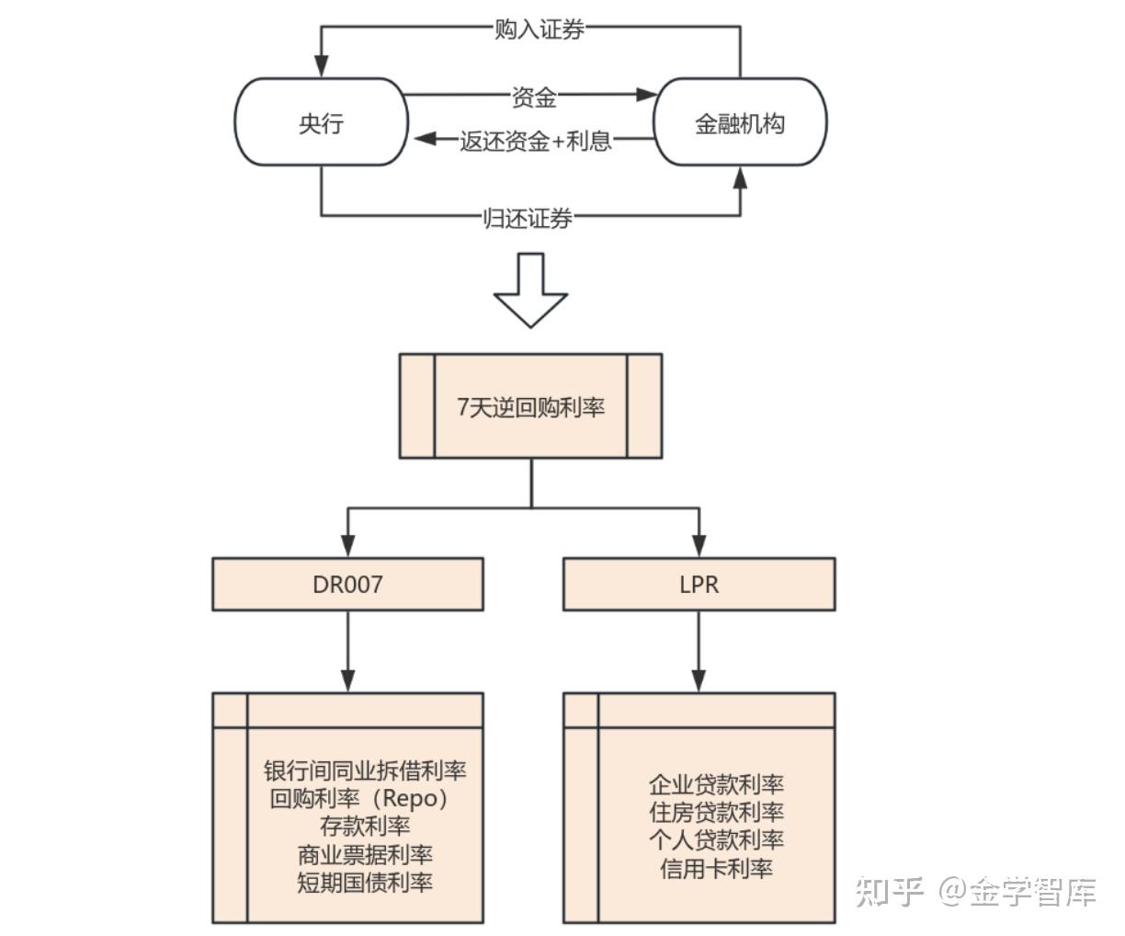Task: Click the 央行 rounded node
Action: [321, 123]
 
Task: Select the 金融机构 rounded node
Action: [739, 123]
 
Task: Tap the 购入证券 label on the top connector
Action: [540, 29]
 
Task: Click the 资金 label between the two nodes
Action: [534, 96]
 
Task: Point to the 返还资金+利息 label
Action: [536, 141]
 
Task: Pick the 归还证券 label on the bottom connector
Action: [528, 218]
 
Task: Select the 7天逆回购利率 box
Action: [530, 406]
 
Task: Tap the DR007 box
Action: [347, 584]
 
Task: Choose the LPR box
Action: [699, 584]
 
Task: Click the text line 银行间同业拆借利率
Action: [365, 770]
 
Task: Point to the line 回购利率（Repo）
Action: [361, 798]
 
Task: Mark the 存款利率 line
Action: [365, 826]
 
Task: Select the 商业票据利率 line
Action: [365, 854]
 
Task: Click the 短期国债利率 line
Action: [365, 883]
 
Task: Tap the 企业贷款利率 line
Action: [716, 784]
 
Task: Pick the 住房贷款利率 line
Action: [716, 812]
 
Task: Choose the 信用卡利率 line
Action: [716, 868]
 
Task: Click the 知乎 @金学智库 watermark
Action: [975, 891]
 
